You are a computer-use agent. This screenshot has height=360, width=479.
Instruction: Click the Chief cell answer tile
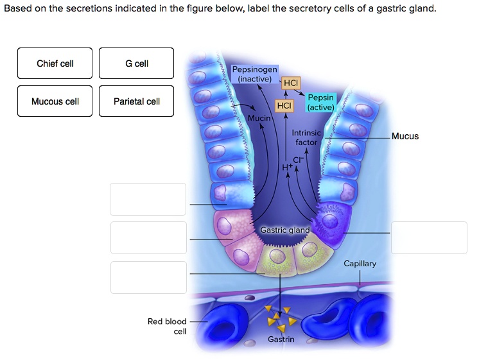tap(55, 64)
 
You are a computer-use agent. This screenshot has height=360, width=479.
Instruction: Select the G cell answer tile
tap(137, 64)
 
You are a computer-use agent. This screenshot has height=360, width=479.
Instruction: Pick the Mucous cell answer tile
tap(55, 101)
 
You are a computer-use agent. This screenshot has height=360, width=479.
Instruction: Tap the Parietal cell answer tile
tap(137, 101)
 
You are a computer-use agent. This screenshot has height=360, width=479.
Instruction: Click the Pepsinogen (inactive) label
tap(254, 74)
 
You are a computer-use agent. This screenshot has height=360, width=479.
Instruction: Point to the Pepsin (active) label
tap(320, 103)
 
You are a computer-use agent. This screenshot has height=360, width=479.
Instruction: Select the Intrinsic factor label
tap(306, 137)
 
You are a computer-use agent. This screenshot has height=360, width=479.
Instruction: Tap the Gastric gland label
tap(284, 230)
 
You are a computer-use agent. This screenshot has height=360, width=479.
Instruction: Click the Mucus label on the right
tap(405, 136)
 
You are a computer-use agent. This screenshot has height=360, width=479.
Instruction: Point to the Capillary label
tap(360, 264)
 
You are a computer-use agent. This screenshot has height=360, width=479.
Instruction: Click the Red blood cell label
tap(167, 326)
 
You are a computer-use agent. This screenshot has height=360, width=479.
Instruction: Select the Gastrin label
tap(281, 339)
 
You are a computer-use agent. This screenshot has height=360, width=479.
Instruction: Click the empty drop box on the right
tap(429, 237)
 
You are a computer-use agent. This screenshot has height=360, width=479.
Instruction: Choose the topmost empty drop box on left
tap(148, 199)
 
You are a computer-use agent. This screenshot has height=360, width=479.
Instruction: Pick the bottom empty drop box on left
tap(148, 277)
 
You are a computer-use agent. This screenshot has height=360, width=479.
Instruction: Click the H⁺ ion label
tap(286, 167)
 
